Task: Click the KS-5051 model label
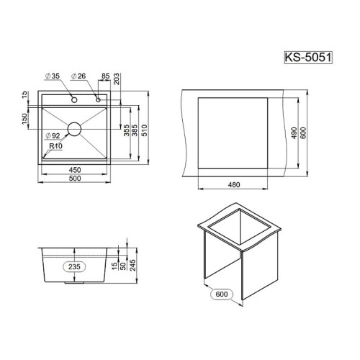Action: point(308,58)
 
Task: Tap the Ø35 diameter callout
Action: point(53,76)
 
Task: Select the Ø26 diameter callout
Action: point(78,76)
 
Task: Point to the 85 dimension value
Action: point(105,76)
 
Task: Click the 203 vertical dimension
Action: point(117,78)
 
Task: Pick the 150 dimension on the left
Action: point(24,119)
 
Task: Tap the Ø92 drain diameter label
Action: point(53,136)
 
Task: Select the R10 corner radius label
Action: point(55,146)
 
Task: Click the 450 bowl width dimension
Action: point(75,170)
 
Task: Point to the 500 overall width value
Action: point(75,179)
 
